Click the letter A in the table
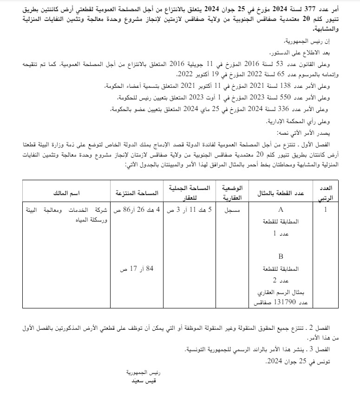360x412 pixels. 281,210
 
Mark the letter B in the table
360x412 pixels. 281,256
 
